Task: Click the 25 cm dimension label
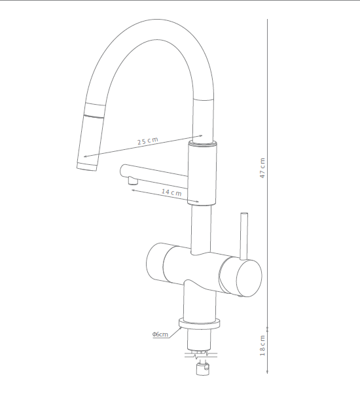coord(148,141)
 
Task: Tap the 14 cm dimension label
coord(171,192)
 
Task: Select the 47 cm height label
coord(262,168)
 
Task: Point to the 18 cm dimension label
coord(262,346)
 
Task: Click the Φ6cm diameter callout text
coord(160,334)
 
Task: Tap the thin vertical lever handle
coord(244,236)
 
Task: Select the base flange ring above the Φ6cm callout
coord(200,323)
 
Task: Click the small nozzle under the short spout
coord(132,181)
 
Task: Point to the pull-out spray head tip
coord(86,166)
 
